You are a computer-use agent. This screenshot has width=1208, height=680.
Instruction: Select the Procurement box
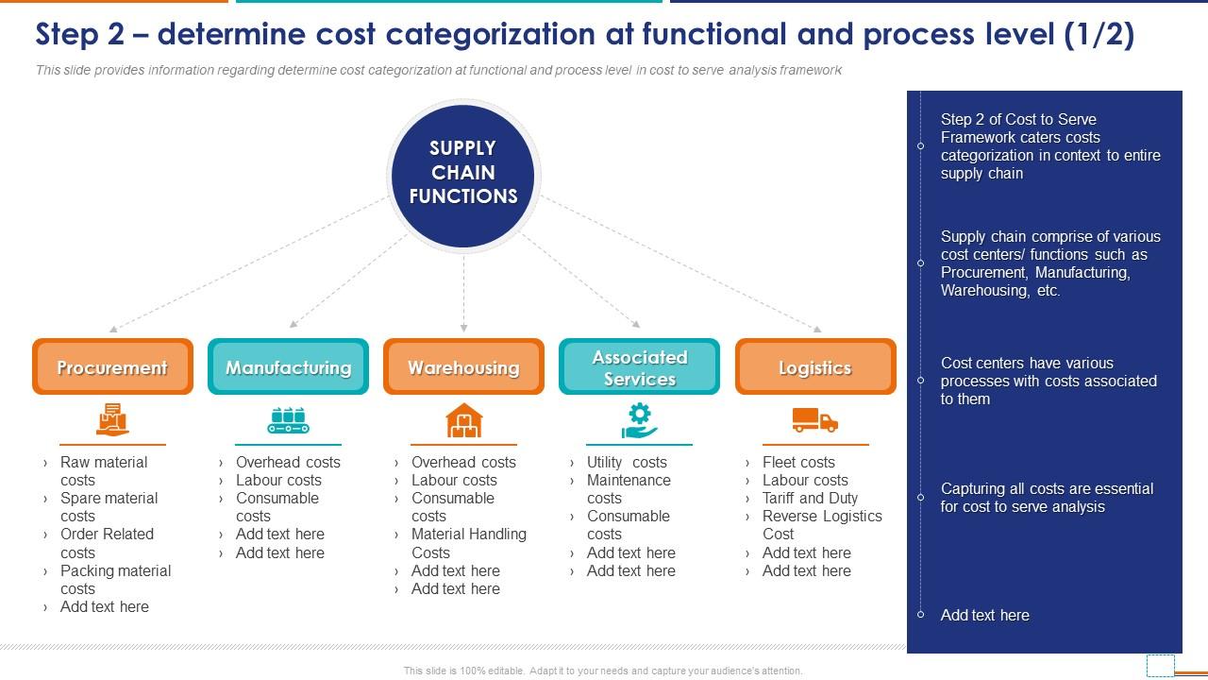112,367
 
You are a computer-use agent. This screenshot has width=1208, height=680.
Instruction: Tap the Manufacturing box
288,367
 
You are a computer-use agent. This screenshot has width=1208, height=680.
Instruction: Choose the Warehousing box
463,367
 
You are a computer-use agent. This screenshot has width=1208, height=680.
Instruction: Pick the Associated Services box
639,367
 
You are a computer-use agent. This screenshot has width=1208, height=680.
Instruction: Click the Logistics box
815,367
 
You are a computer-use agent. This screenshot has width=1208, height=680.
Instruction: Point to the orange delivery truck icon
814,420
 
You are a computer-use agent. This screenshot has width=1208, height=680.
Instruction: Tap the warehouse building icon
463,420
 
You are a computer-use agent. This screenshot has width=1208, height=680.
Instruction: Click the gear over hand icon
639,420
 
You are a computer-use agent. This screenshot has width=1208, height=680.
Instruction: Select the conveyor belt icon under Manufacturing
288,420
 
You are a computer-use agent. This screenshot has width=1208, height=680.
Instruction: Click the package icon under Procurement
112,419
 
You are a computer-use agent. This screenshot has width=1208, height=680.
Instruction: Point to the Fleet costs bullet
798,462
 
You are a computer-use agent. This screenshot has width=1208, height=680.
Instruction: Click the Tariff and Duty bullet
810,498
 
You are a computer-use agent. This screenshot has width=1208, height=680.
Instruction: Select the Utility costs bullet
627,462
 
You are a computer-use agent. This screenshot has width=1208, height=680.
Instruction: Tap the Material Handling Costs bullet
468,543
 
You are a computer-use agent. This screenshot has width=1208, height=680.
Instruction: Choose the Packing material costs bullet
115,579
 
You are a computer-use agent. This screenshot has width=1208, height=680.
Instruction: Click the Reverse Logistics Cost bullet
821,525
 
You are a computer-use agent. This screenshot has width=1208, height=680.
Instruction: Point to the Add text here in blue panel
984,615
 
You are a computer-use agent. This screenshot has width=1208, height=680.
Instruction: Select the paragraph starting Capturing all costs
1047,498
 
